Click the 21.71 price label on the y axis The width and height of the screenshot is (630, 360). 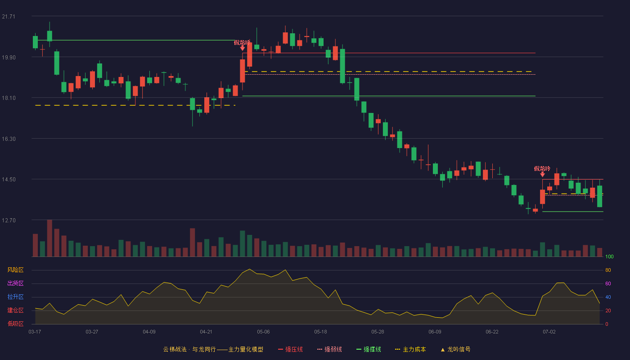tap(9, 17)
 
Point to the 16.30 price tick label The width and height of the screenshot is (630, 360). tap(9, 139)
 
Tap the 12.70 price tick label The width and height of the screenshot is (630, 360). tap(9, 220)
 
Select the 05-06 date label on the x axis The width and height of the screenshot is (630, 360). tap(263, 332)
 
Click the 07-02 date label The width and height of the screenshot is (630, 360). tap(549, 332)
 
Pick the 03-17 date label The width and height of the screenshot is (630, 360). tap(35, 332)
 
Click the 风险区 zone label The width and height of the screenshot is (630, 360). tap(15, 270)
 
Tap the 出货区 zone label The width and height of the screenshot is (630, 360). tap(15, 283)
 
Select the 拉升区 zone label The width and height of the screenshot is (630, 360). tap(15, 297)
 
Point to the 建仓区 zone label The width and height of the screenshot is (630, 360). tap(15, 310)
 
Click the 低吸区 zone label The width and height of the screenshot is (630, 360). tap(15, 324)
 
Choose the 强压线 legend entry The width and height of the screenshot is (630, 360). tap(290, 349)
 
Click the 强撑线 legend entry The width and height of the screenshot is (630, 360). tap(369, 349)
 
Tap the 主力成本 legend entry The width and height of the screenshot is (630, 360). tap(410, 349)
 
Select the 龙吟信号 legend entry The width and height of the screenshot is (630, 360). tap(455, 349)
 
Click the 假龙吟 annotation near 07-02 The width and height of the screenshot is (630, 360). tap(542, 169)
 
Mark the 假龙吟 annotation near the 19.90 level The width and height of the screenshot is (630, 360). tap(242, 43)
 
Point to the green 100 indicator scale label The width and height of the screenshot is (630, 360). tap(609, 256)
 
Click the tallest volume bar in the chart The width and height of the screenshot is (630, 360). tap(49, 238)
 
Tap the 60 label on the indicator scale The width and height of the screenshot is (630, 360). tap(608, 283)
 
